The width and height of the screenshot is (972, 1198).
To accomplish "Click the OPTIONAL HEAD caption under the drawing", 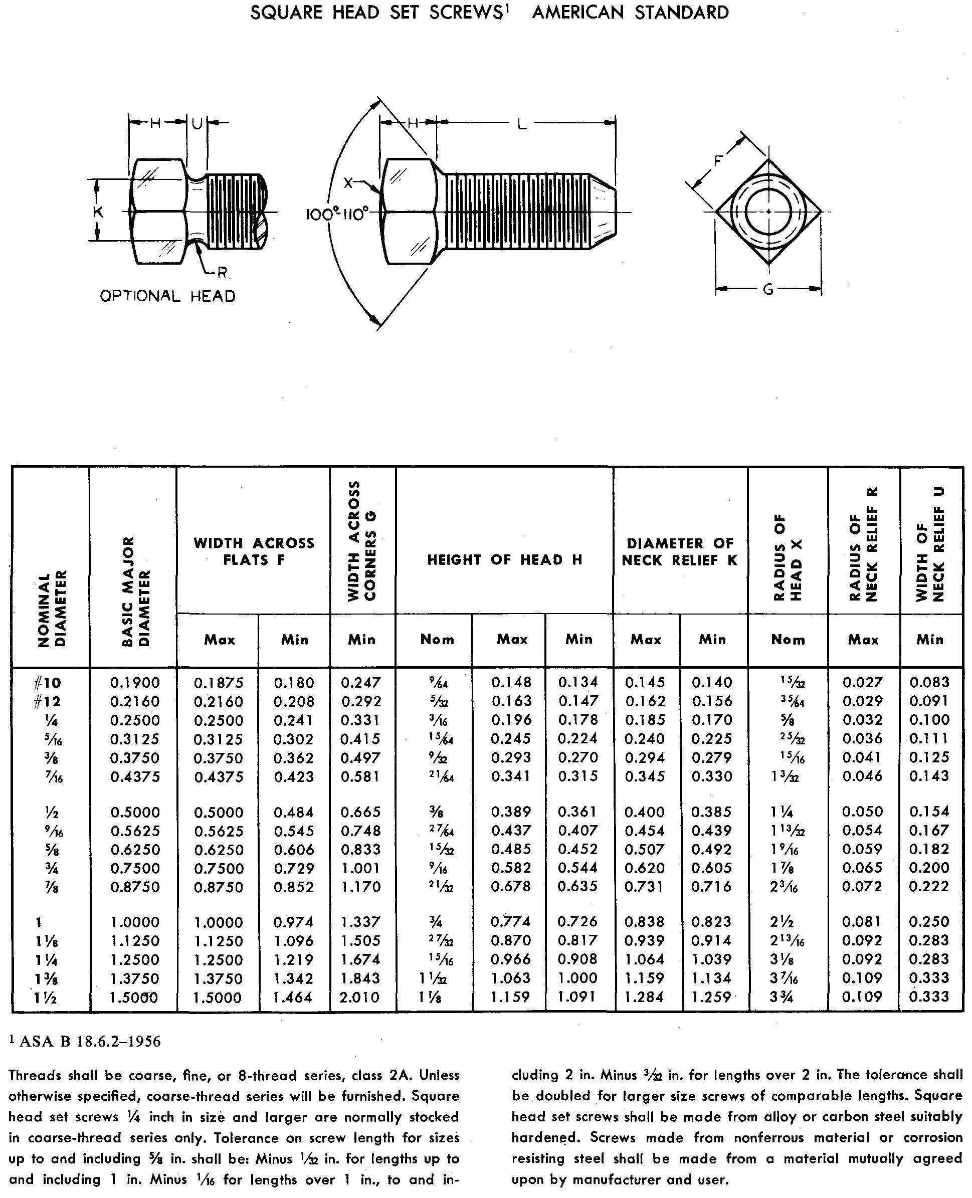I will pos(167,296).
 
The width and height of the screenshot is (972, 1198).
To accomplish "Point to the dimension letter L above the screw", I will pos(522,124).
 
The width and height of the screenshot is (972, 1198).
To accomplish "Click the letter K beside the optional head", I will pos(98,212).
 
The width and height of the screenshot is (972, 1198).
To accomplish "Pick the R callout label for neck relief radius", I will pos(222,273).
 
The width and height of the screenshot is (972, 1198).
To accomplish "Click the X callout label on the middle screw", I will pos(349,182).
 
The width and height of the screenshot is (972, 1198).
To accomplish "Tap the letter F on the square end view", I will pos(718,161).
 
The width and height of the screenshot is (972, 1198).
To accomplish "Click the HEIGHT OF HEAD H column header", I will pos(504,560).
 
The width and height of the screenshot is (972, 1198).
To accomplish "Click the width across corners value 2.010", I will pos(360,997).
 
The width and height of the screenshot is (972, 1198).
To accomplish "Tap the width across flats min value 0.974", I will pos(294,922).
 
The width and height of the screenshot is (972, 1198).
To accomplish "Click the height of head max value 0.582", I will pos(511,868).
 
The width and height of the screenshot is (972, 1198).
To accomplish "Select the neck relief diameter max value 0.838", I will pos(645,921).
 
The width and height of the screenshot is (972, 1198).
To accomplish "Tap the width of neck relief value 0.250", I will pos(929,921).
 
